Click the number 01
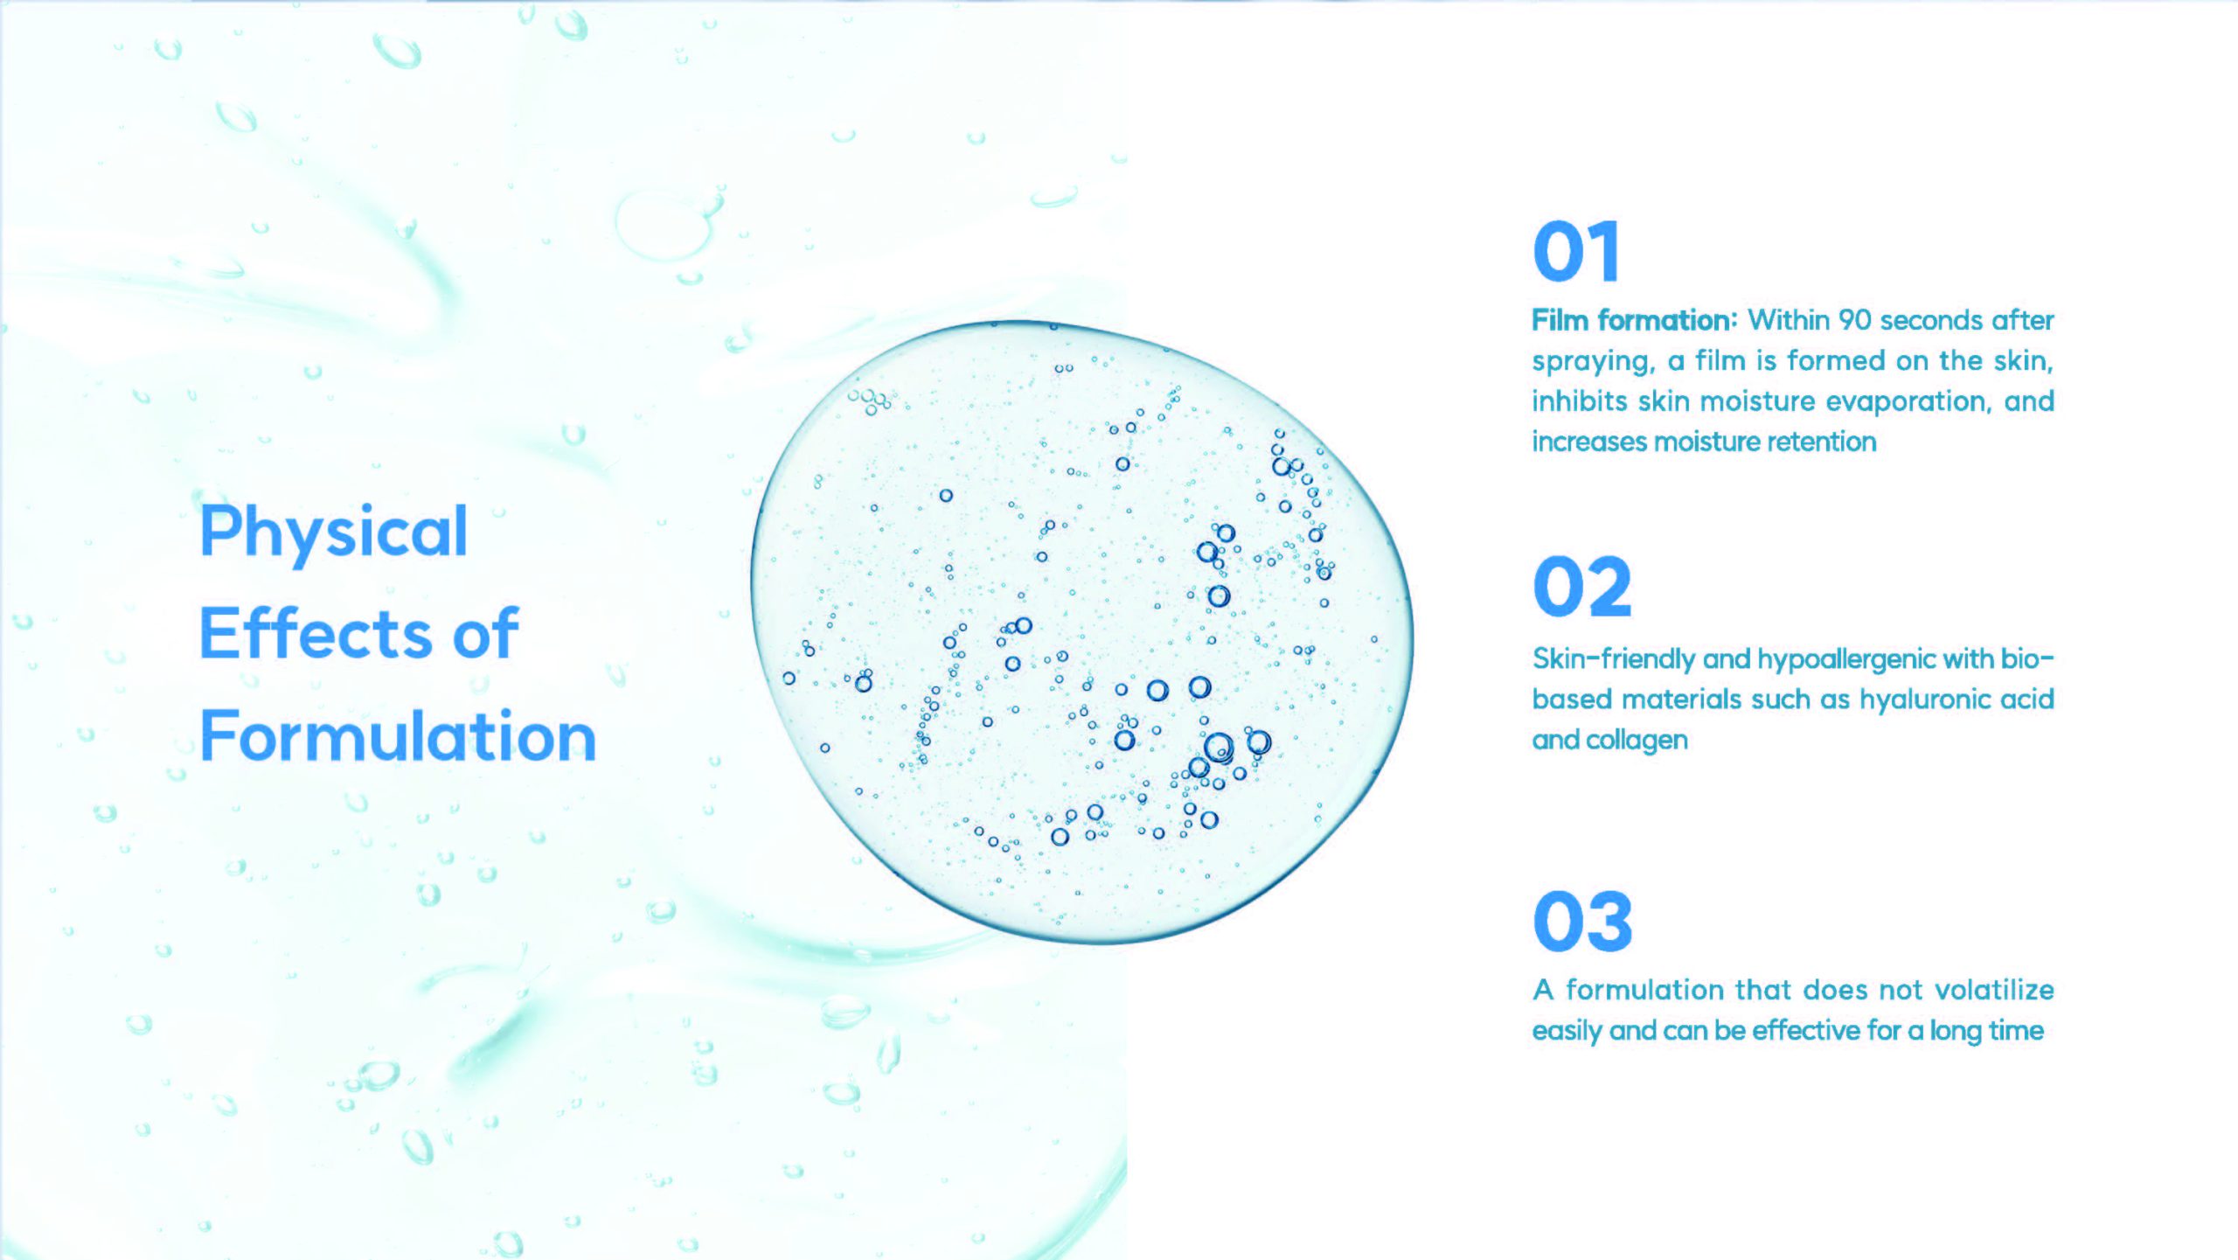click(1576, 251)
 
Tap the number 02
click(1582, 586)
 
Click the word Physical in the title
click(334, 533)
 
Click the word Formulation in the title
click(398, 735)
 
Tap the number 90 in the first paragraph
click(1855, 320)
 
